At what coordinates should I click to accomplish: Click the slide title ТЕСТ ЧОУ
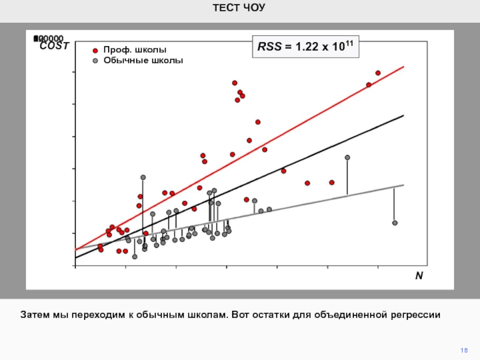[239, 8]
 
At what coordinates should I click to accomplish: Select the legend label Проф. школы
[135, 50]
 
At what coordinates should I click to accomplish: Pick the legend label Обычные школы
[143, 60]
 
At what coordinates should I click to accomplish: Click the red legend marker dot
[95, 50]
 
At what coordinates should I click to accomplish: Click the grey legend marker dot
[95, 61]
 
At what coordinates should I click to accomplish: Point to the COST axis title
[54, 46]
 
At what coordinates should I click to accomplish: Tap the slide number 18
[464, 350]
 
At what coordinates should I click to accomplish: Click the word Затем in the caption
[35, 314]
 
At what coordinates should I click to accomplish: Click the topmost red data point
[378, 73]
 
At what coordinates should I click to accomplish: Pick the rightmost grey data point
[395, 223]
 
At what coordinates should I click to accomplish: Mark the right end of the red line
[404, 67]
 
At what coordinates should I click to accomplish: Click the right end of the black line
[404, 115]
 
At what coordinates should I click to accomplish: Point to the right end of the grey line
[404, 185]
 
